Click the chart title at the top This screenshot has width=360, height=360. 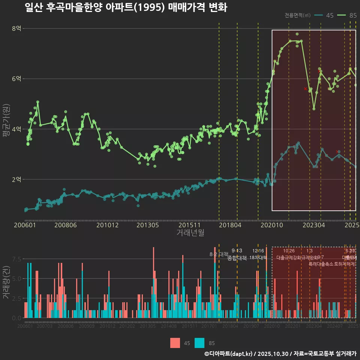tap(126, 7)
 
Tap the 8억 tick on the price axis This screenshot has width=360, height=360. tap(16, 28)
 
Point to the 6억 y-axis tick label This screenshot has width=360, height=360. tap(16, 79)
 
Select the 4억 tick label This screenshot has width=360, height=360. tap(16, 129)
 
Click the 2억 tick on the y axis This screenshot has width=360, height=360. tap(16, 179)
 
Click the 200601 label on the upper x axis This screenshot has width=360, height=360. tap(25, 225)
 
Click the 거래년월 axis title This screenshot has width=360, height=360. tap(190, 232)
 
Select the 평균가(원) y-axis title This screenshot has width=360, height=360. tap(6, 122)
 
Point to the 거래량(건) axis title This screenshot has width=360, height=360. tap(6, 282)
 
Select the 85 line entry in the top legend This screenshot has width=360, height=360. tap(347, 15)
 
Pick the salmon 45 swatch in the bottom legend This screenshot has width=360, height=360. tap(175, 343)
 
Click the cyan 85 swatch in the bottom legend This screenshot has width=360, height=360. tap(199, 343)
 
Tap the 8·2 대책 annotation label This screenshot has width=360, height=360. tap(219, 254)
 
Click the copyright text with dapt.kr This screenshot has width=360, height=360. tap(280, 354)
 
